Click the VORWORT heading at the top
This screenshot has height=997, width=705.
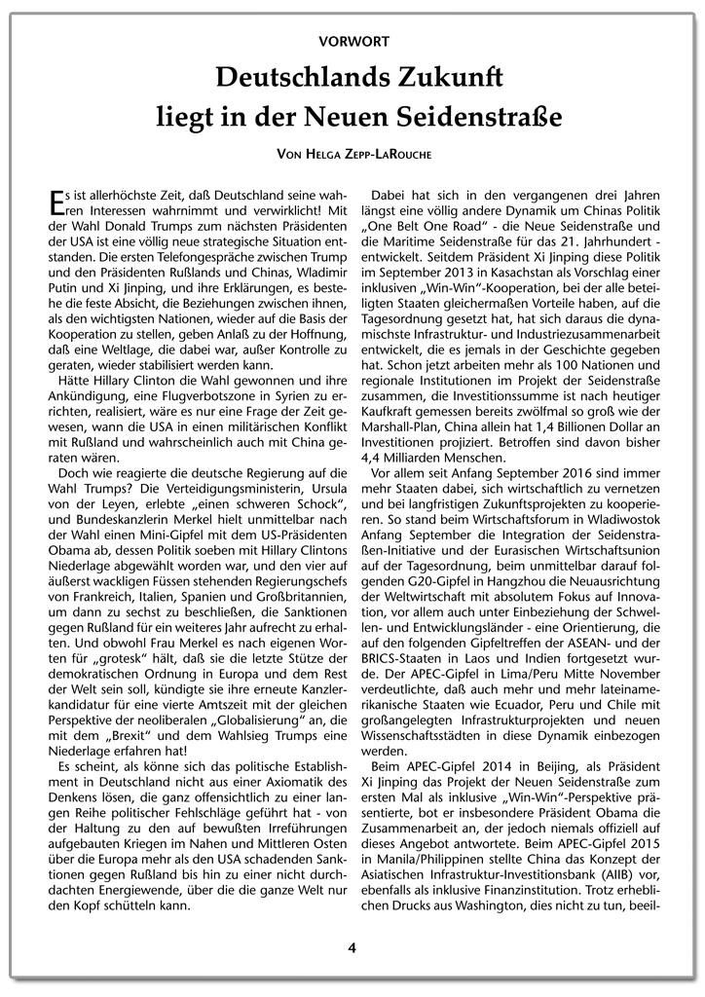[x=352, y=41]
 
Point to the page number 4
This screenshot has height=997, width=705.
[x=352, y=946]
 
